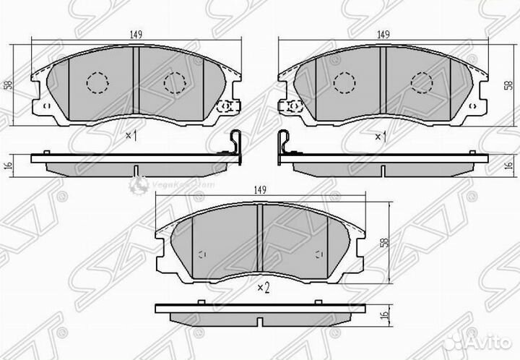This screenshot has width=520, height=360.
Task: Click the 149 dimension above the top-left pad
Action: coord(136,33)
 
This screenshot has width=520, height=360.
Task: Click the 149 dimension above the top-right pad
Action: coord(383,33)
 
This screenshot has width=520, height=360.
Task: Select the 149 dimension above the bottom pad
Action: coord(261,190)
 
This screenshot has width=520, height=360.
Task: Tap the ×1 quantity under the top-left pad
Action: coord(131,135)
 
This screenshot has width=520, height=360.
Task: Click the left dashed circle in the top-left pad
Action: coord(97,83)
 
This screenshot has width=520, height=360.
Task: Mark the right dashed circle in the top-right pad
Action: coord(421,83)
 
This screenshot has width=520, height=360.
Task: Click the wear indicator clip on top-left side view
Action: coord(233,144)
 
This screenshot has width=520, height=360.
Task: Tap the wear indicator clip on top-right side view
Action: coord(285,144)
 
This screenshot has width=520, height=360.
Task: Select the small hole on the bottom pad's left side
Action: coord(202,254)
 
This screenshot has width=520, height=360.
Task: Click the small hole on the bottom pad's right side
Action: coord(318,254)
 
